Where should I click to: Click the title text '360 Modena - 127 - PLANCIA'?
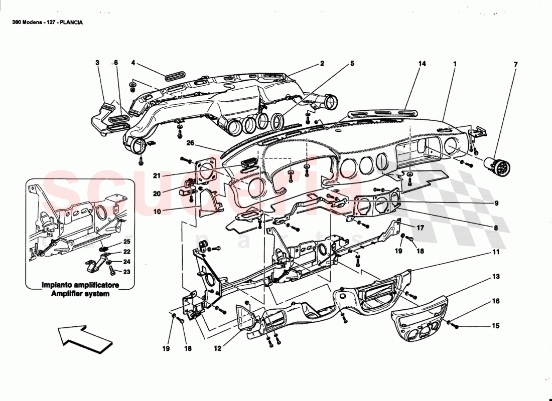coord(48,23)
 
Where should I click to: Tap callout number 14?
coord(422,64)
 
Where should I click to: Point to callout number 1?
coord(454,64)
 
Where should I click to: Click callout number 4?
coord(133,64)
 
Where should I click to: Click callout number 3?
coord(97,64)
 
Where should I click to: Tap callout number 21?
coord(157,175)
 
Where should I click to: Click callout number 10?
coord(157,212)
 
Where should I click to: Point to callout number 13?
coord(495,276)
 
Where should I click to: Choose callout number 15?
coord(495,326)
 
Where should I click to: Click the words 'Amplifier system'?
coord(80,294)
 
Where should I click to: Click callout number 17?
coord(420,227)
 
